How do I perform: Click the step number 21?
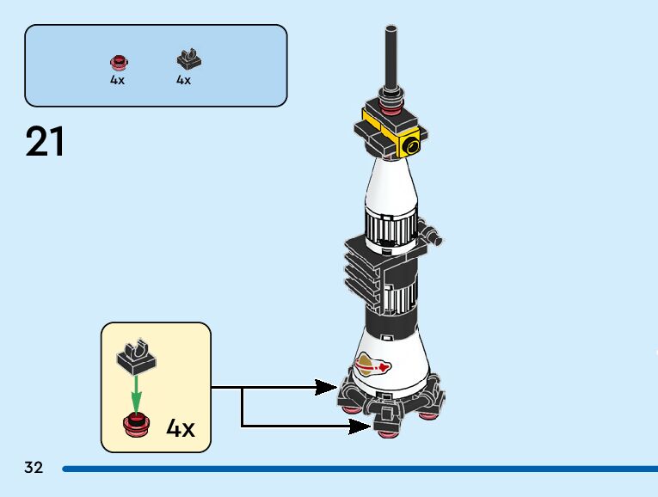point(46,142)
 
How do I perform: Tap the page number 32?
point(34,468)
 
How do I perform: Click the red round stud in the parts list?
point(118,62)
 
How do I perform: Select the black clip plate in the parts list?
point(185,60)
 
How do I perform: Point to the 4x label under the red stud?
point(117,80)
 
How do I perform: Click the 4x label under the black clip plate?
point(183,80)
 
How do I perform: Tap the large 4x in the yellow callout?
point(180,428)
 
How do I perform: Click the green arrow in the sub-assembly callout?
point(134,396)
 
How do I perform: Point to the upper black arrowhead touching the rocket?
point(326,388)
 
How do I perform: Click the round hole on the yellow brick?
point(415,145)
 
